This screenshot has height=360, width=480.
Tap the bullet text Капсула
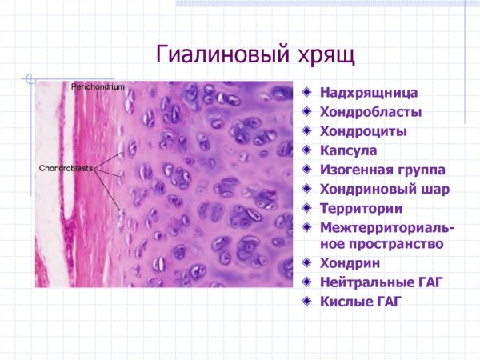(349, 150)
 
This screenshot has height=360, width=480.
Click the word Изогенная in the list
(355, 170)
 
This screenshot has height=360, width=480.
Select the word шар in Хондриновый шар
(436, 189)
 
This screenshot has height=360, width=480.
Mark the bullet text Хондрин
(350, 263)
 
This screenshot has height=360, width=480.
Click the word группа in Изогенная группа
(418, 170)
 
